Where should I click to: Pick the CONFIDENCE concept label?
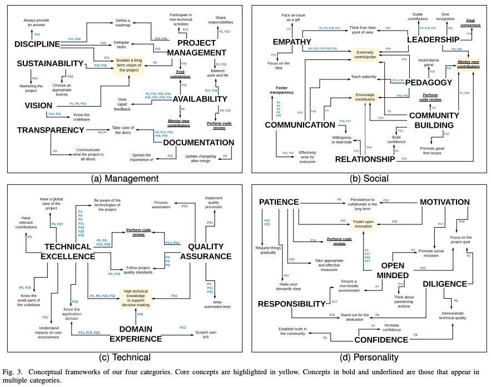(382, 339)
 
